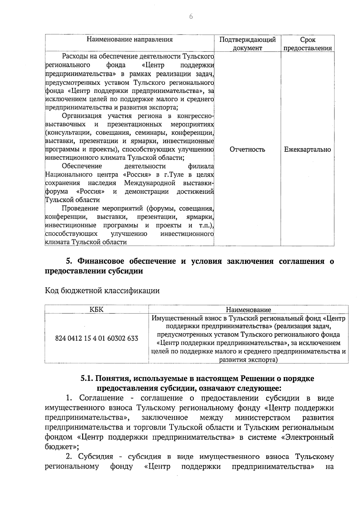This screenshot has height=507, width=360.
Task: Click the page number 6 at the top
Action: [x=191, y=17]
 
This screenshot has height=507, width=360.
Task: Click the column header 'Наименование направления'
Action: [x=130, y=40]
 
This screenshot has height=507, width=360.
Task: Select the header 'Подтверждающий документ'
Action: [x=247, y=44]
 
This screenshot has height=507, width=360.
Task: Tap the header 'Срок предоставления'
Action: [x=307, y=44]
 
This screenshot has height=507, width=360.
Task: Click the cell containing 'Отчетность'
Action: [x=247, y=149]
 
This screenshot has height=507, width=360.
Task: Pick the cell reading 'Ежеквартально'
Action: [x=307, y=149]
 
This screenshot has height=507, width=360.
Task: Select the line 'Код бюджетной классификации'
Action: [x=102, y=291]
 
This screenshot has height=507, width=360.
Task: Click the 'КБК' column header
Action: [x=97, y=310]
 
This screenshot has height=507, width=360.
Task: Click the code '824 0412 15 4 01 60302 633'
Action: [x=97, y=338]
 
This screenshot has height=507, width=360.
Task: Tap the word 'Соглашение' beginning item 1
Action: [x=101, y=398]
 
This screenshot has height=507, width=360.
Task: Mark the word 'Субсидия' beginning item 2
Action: [x=96, y=457]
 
